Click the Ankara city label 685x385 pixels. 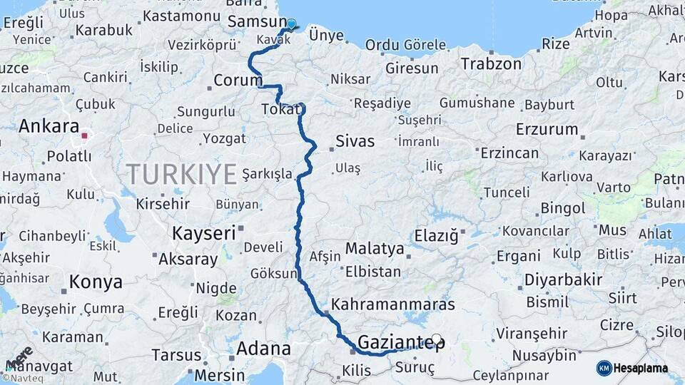click(x=49, y=126)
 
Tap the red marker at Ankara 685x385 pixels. click(x=84, y=135)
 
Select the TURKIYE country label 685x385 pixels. click(x=181, y=173)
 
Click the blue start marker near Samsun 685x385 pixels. click(x=291, y=24)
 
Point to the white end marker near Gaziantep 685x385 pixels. click(x=436, y=339)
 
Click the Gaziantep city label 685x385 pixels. click(x=400, y=343)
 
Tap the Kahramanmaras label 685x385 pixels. click(x=393, y=304)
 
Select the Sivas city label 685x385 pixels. click(x=355, y=141)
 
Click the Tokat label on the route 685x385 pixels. click(x=280, y=109)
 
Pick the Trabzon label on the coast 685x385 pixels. click(x=491, y=63)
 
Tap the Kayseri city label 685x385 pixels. click(x=203, y=233)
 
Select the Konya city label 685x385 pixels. click(x=96, y=282)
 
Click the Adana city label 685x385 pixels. click(x=264, y=349)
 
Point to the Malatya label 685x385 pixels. click(x=375, y=249)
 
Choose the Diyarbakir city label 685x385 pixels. click(x=564, y=279)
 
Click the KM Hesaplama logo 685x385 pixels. click(x=632, y=368)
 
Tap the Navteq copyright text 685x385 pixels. click(x=23, y=379)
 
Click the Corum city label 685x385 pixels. click(x=238, y=81)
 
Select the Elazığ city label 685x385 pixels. click(x=436, y=235)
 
